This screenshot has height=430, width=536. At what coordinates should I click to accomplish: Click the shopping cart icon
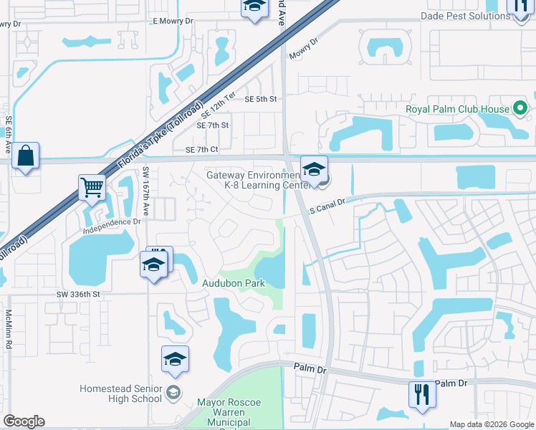click(92, 188)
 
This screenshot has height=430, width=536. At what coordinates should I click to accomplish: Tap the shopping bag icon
click(26, 157)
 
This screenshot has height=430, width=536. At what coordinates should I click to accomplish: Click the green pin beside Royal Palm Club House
click(521, 110)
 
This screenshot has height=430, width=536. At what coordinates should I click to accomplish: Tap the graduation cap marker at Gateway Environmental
click(314, 171)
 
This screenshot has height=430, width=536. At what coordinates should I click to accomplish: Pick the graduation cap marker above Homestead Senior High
click(175, 360)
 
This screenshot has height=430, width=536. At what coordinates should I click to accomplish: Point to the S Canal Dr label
click(327, 206)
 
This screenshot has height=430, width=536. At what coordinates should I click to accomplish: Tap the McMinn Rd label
click(9, 329)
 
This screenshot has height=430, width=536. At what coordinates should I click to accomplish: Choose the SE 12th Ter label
click(219, 105)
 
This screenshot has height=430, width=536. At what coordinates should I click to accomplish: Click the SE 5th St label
click(261, 100)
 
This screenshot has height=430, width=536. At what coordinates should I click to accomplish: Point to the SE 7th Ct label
click(201, 150)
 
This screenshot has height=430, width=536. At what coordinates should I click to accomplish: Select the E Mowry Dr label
click(173, 21)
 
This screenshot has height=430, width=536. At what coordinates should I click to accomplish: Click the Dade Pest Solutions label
click(455, 16)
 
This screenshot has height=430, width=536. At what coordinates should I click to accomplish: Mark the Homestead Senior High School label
click(120, 393)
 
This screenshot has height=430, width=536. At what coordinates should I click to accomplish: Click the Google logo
click(24, 421)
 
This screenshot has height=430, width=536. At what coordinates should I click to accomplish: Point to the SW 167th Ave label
click(145, 192)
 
